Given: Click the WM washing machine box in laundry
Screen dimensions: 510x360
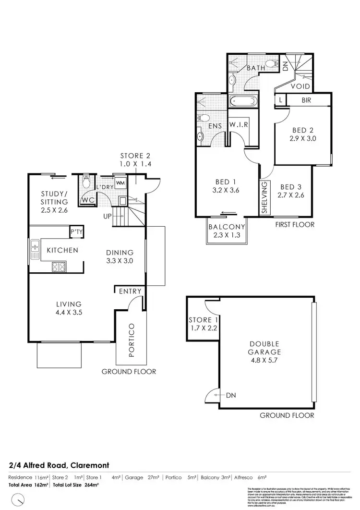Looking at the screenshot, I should (x=120, y=183).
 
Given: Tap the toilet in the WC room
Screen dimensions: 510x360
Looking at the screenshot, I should (x=86, y=182).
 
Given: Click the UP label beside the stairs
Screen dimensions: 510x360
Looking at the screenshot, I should (x=107, y=217).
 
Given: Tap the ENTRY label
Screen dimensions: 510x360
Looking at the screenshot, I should (x=130, y=291).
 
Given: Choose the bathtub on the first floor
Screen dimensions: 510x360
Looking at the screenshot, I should (x=244, y=102).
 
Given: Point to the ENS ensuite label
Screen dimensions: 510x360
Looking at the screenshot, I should (x=215, y=126).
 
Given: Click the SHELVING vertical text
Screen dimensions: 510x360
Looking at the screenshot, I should (x=264, y=197).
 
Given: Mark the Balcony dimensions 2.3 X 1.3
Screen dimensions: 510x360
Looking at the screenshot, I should (x=227, y=235).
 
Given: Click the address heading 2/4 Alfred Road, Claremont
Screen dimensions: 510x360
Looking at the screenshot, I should (x=59, y=465).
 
